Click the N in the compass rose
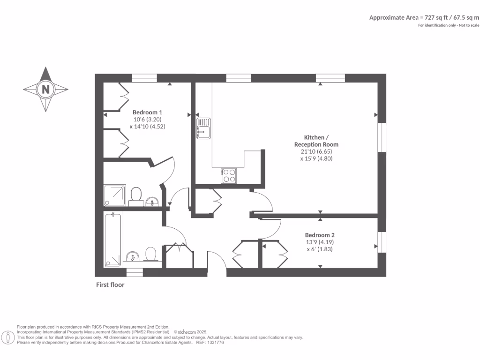coord(45,89)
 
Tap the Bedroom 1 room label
coord(147,112)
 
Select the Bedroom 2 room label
coord(320,235)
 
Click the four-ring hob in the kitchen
coord(229,175)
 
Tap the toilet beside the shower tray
coord(136,195)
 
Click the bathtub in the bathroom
coord(113,239)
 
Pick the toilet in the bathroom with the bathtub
coord(150,255)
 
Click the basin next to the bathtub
coord(133,256)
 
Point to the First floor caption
coord(110,285)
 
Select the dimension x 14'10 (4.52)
coord(147,126)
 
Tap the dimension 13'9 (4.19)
coord(320,242)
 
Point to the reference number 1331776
coord(215,343)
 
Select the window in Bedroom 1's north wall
coord(144,78)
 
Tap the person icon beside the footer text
coord(8,337)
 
